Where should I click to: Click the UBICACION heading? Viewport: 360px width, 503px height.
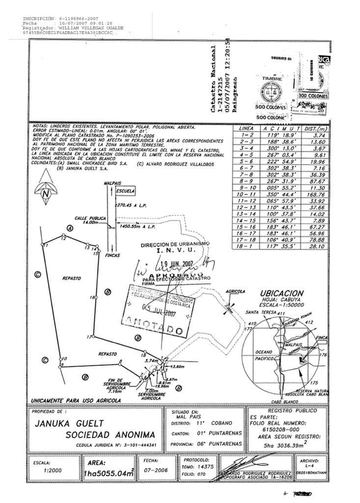282,293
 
